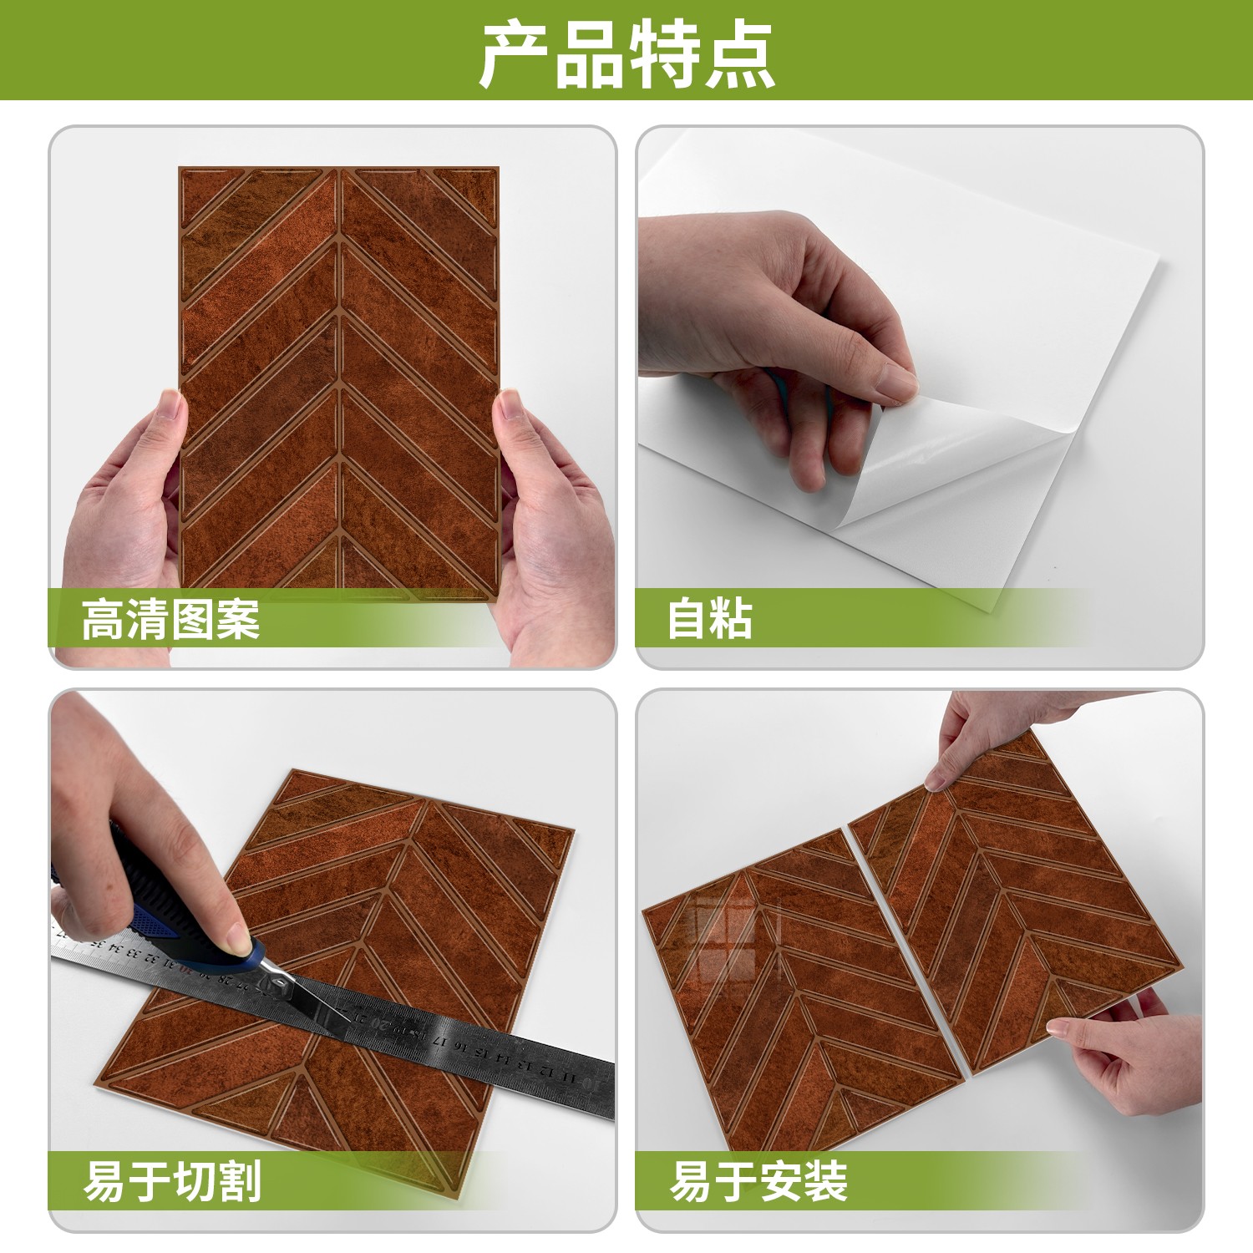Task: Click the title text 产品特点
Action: (627, 54)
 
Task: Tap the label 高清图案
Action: (170, 619)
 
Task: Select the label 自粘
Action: (709, 619)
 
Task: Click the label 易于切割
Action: (172, 1181)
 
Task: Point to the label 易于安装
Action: (758, 1181)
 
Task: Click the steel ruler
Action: (334, 1011)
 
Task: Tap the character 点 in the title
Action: (741, 55)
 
